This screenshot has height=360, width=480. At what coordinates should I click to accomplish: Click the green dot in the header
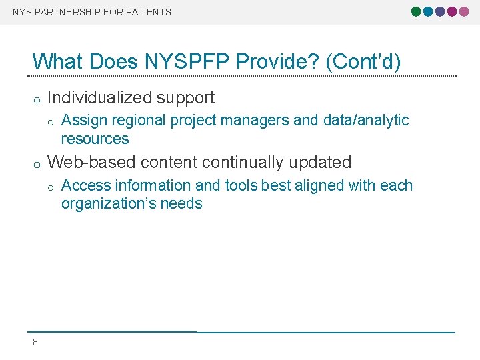[417, 11]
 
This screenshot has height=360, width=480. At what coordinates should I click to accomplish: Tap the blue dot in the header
[428, 11]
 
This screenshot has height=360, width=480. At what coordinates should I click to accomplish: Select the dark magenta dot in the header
[452, 11]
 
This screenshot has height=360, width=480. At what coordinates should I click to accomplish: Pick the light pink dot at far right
[464, 11]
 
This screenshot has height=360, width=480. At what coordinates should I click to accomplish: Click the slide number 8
[35, 343]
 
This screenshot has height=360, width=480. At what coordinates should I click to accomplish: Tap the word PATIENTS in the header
[149, 12]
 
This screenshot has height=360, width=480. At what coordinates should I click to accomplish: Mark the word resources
[95, 139]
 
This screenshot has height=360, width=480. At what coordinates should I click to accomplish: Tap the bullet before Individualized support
[37, 99]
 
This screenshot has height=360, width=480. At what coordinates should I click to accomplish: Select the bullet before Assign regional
[51, 121]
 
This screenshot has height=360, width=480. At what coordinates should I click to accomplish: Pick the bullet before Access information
[51, 187]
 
